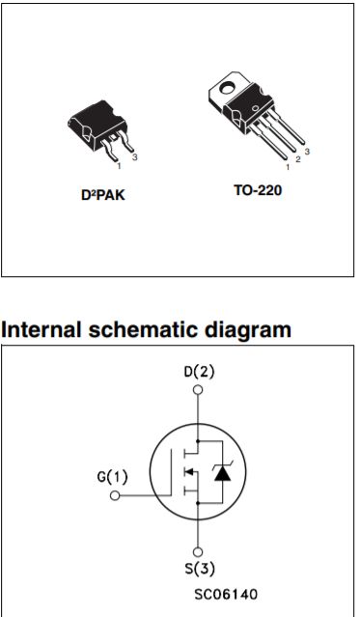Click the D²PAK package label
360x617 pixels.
tap(103, 194)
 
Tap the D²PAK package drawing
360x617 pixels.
tap(98, 132)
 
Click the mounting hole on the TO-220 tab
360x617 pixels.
tap(228, 94)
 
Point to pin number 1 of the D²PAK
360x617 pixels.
tap(120, 166)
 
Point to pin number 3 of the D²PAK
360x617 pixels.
tap(137, 156)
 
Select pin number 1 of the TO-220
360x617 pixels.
tap(288, 168)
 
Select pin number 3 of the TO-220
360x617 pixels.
tap(307, 152)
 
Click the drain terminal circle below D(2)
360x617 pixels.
tap(199, 392)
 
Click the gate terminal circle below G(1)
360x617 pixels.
tap(114, 495)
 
